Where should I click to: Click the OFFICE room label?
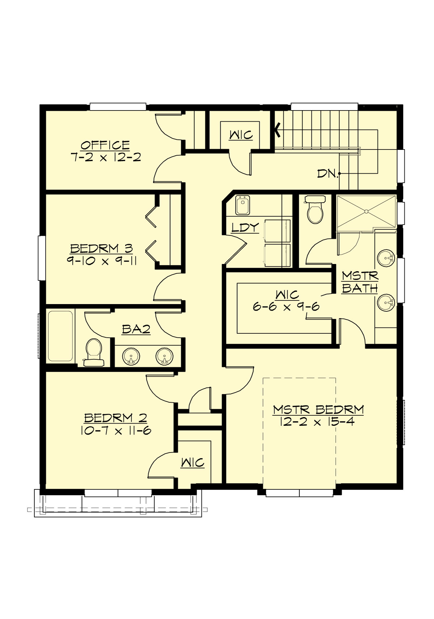(x=105, y=145)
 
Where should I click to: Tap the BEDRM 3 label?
(x=101, y=248)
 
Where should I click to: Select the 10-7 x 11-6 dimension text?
(x=115, y=430)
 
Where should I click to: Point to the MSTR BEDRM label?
(x=318, y=410)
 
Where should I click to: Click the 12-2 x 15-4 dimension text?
(x=317, y=421)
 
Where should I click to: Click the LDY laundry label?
(x=245, y=228)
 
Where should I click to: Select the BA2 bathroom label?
(x=136, y=329)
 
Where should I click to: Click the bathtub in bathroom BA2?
(x=60, y=336)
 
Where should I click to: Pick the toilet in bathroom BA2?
(x=94, y=352)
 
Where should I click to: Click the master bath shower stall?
(x=366, y=212)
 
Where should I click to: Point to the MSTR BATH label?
(x=360, y=282)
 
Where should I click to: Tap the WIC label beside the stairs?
(x=241, y=135)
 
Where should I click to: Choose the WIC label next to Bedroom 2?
(x=192, y=462)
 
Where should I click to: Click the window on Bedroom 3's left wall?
(x=42, y=258)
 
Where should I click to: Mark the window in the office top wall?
(x=118, y=107)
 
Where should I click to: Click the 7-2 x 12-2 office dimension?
(x=106, y=157)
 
